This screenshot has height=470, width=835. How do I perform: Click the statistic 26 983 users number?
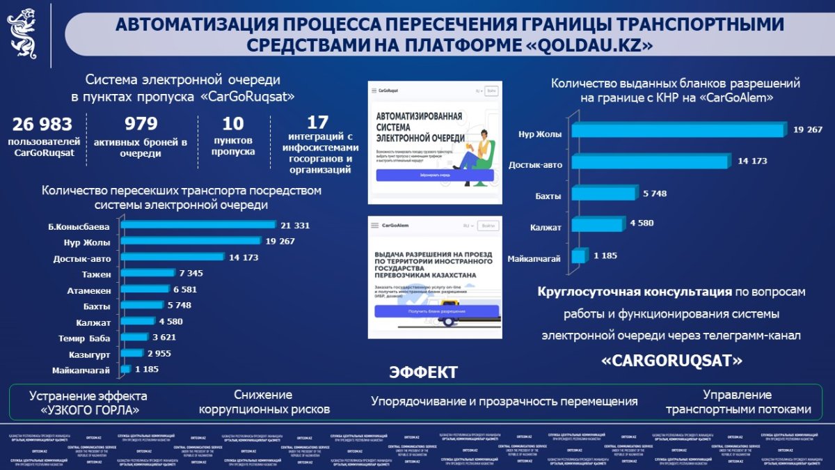point(42,125)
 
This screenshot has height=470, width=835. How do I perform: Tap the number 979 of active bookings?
point(141,125)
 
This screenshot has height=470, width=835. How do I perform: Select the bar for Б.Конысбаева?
point(198,225)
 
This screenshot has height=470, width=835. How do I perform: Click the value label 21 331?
point(295,225)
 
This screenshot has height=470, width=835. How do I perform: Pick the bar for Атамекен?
point(145,289)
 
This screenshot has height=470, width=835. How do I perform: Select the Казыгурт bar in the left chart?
point(132,353)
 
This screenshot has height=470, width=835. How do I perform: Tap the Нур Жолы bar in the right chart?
point(678,130)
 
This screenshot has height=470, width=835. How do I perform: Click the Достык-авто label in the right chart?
point(535,164)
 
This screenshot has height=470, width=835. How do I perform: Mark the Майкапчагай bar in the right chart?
point(578,256)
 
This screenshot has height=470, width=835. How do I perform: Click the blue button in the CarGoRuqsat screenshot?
point(435,175)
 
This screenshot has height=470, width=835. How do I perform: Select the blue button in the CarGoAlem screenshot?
point(436,311)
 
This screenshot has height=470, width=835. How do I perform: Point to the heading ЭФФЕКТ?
point(423,372)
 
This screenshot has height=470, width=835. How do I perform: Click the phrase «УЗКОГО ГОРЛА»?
point(88,409)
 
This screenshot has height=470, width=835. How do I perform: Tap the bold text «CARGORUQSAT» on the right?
point(671,361)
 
